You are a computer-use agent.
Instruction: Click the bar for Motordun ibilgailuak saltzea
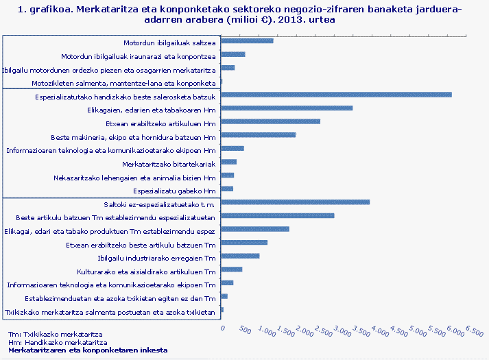(x=247, y=41)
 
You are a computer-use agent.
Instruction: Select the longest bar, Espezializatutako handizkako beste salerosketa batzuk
(x=336, y=94)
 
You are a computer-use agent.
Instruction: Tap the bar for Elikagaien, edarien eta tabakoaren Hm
(x=287, y=108)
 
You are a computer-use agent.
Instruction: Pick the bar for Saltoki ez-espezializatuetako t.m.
(x=296, y=202)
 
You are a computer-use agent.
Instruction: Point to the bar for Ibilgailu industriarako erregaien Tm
(x=241, y=256)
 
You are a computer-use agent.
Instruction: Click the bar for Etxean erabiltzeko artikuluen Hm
(x=271, y=121)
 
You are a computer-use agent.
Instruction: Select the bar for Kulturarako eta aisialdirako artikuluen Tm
(x=232, y=269)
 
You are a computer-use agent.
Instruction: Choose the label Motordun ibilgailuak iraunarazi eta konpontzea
(x=139, y=56)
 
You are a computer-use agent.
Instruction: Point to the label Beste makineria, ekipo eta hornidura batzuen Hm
(x=134, y=137)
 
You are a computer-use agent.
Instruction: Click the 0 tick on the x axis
(x=222, y=328)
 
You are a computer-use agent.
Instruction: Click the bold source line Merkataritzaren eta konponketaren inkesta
(x=87, y=350)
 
